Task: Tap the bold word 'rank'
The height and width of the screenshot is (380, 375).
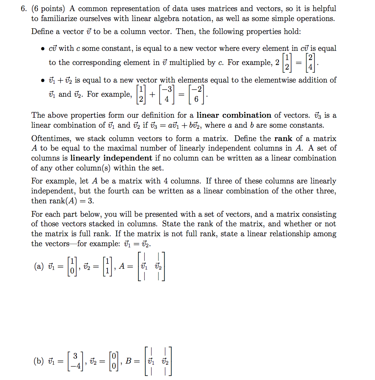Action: [283, 138]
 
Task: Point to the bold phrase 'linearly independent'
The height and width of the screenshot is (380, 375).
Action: [111, 158]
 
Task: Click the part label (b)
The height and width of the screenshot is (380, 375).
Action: [38, 361]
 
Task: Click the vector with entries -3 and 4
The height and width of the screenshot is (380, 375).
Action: [165, 94]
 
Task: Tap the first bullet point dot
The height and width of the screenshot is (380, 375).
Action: [43, 49]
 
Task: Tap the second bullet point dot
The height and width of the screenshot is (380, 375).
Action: [43, 81]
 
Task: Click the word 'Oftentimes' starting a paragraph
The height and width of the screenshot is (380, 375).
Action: [49, 138]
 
